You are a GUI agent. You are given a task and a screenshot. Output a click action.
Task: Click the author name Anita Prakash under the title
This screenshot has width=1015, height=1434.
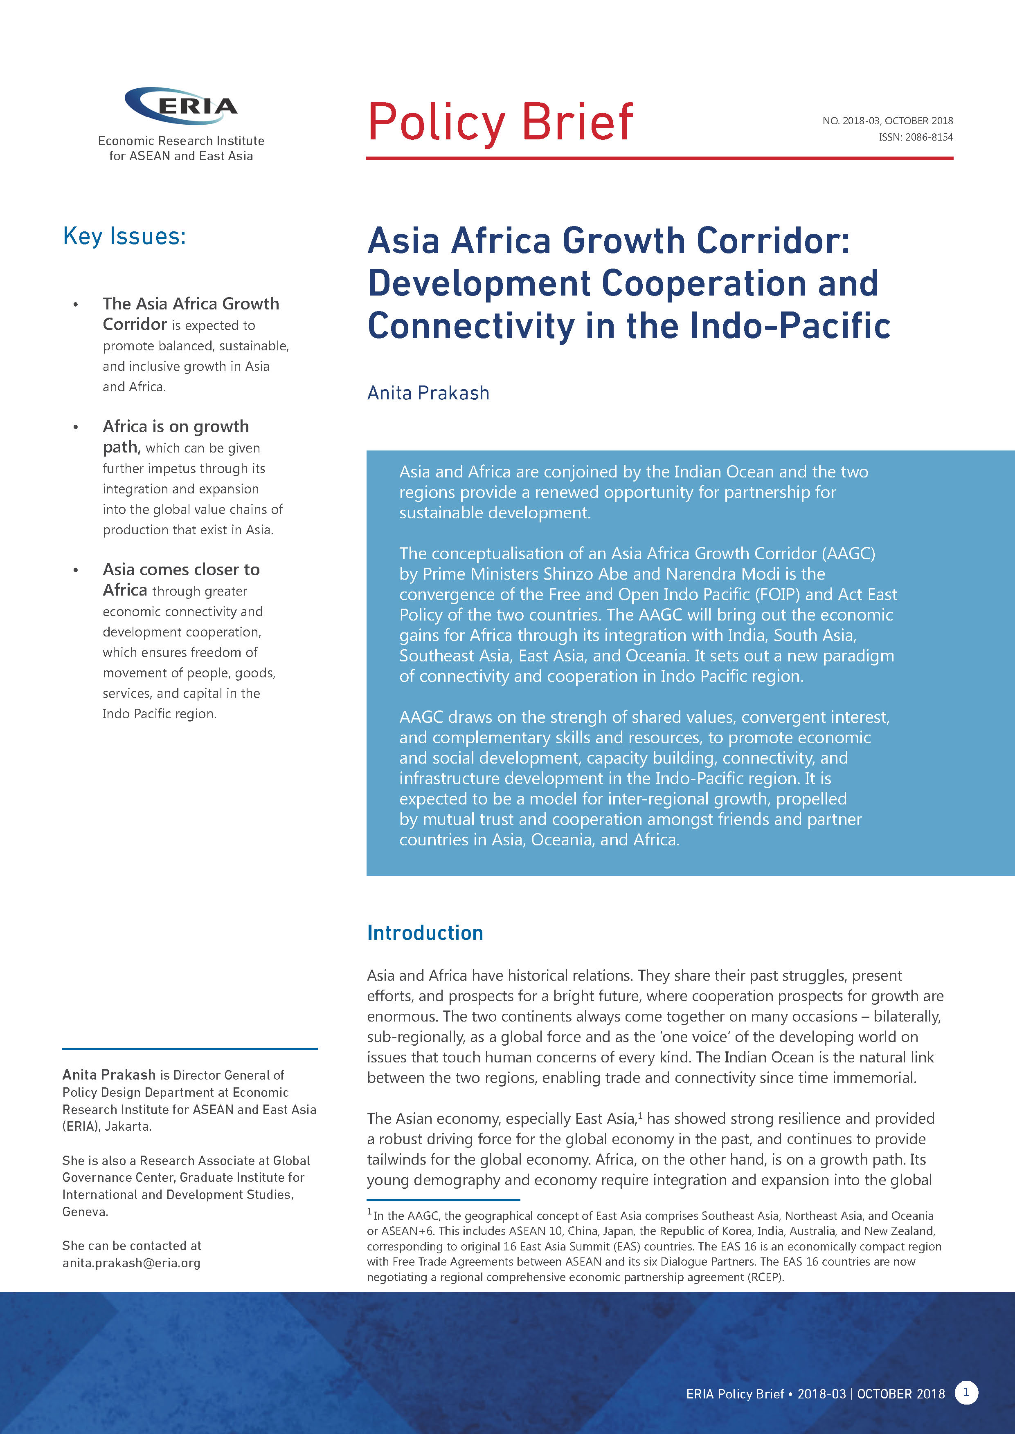[x=428, y=393]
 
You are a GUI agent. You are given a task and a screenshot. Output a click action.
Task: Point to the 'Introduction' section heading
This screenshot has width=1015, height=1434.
[x=425, y=932]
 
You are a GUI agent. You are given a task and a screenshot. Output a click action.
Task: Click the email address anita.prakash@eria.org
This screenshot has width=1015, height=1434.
[x=131, y=1263]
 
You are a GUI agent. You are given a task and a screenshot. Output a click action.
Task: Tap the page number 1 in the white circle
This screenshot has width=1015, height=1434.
[x=965, y=1392]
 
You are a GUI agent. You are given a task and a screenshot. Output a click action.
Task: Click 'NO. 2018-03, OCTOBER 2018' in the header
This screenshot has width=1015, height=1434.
[x=887, y=121]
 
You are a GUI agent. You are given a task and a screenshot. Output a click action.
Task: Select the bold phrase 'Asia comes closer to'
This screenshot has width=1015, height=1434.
[x=181, y=569]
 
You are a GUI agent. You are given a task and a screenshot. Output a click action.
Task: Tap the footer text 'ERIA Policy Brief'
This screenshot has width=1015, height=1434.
[x=734, y=1394]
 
